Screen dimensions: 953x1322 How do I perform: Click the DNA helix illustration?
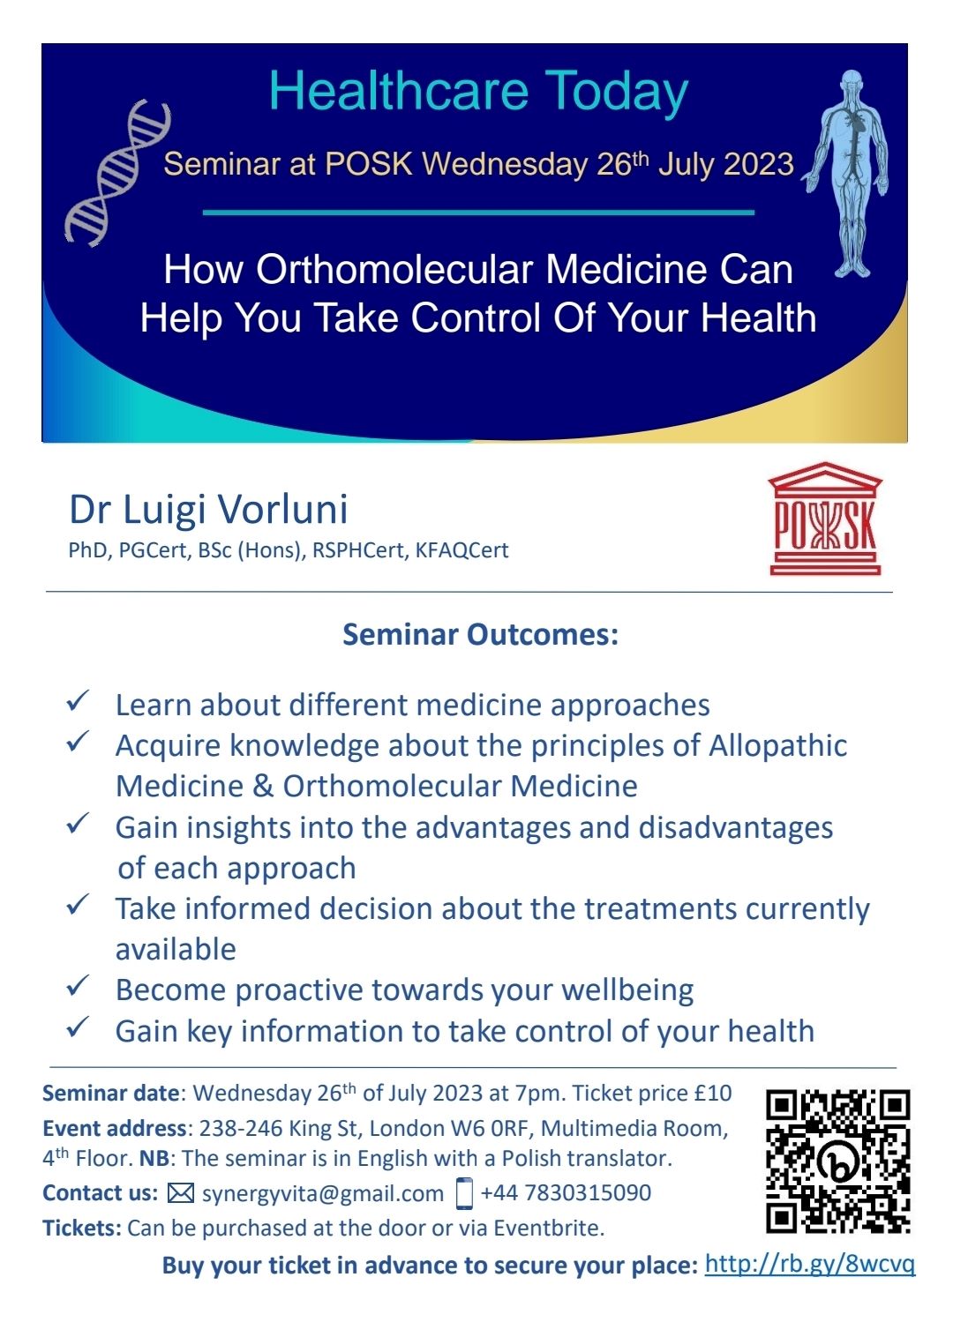point(117,172)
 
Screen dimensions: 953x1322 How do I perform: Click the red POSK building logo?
point(825,519)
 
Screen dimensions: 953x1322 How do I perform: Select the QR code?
point(838,1161)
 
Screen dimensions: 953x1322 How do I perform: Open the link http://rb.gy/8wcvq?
point(810,1264)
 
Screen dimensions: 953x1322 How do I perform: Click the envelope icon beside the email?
point(181,1193)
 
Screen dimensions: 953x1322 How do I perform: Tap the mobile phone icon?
point(465,1193)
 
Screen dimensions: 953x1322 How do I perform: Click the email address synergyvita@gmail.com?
point(323,1194)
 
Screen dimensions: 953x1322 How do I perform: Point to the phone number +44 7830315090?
point(566,1192)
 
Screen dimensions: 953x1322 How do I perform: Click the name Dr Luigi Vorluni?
point(208,510)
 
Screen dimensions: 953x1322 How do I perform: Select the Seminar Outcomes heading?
point(481,635)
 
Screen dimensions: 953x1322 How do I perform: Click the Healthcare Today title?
point(479,92)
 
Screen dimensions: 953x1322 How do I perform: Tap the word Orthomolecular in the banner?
point(395,269)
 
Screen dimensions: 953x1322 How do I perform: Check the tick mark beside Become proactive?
point(78,986)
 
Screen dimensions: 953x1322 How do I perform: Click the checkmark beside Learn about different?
point(78,700)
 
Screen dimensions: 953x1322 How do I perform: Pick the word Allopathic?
point(777,746)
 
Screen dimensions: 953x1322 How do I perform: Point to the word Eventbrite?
point(549,1229)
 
